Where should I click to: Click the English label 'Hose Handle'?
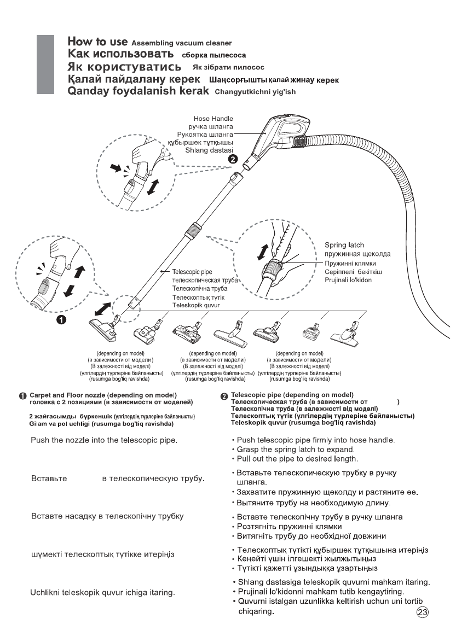[213, 118]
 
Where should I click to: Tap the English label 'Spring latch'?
[344, 245]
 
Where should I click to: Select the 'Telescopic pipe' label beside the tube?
[192, 271]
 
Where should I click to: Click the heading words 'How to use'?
[97, 42]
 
